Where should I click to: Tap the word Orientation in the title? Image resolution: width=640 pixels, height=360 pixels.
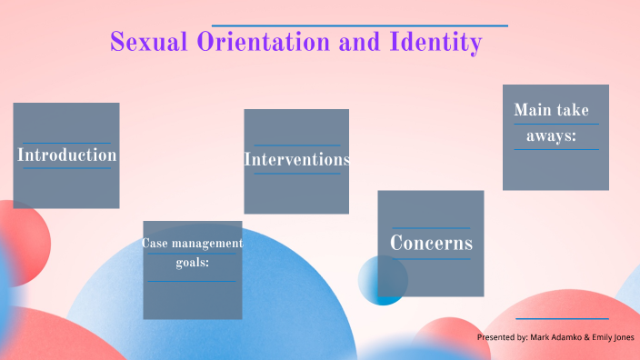click(255, 42)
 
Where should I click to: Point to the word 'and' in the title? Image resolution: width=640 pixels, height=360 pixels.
click(351, 42)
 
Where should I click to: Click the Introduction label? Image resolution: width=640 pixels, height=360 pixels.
click(67, 155)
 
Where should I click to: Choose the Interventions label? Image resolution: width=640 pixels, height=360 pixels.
click(296, 159)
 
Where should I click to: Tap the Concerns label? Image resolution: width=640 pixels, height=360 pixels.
click(431, 243)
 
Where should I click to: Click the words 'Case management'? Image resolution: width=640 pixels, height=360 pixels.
click(192, 244)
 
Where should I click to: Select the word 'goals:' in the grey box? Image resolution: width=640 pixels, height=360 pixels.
click(193, 264)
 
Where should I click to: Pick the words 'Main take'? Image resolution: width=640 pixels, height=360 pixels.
click(551, 110)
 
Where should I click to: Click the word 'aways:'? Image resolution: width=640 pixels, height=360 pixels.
click(551, 136)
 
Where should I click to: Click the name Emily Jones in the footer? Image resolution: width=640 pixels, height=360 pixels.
click(613, 337)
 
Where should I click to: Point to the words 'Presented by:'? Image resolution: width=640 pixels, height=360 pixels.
click(503, 337)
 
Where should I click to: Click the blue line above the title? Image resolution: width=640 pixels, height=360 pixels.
click(359, 25)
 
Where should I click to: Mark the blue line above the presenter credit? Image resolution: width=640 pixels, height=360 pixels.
click(562, 318)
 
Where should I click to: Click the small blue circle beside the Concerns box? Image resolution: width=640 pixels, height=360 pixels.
click(382, 280)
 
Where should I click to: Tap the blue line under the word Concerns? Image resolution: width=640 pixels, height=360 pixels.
click(431, 259)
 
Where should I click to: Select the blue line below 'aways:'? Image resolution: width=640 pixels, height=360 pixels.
click(555, 149)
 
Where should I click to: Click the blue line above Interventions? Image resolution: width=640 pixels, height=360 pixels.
click(296, 145)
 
